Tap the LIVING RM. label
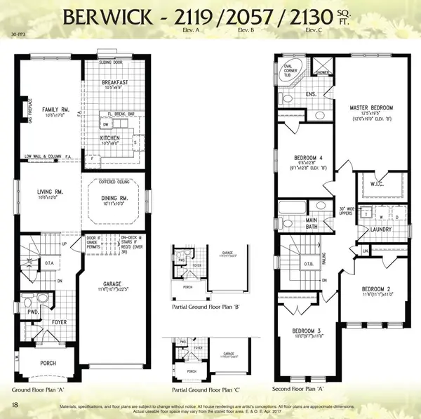51,191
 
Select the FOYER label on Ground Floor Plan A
59,324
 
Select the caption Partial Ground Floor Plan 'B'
206,307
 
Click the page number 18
15,404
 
